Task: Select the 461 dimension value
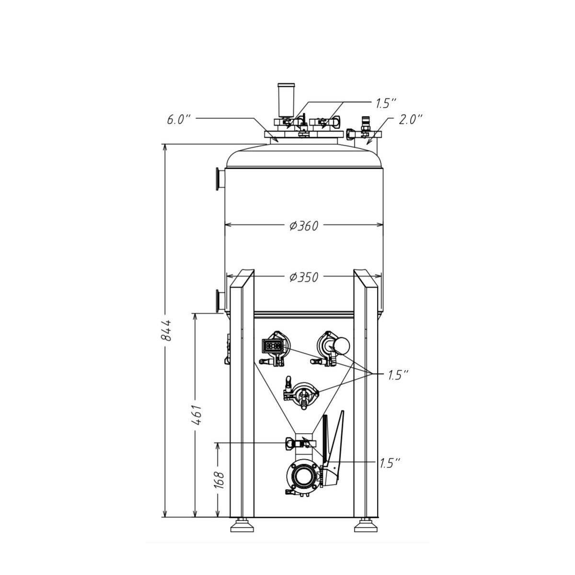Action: (x=196, y=415)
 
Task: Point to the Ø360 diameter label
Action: (x=304, y=226)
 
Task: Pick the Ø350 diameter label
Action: (x=304, y=277)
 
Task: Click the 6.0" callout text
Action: (x=178, y=120)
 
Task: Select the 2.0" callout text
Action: (x=411, y=119)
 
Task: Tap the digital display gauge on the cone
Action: (x=273, y=346)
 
